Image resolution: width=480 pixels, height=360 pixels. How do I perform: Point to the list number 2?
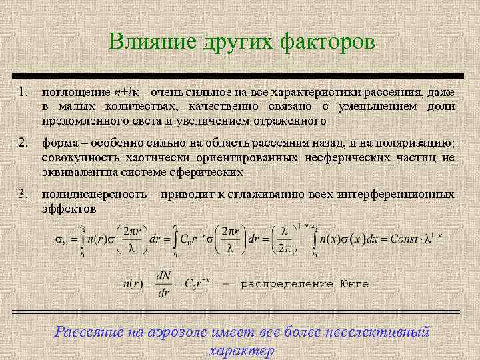(x=23, y=142)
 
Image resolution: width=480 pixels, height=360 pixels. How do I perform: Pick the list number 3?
(x=23, y=194)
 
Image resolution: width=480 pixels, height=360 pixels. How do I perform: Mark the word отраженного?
(x=291, y=121)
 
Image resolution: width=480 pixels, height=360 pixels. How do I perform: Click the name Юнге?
(x=354, y=284)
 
